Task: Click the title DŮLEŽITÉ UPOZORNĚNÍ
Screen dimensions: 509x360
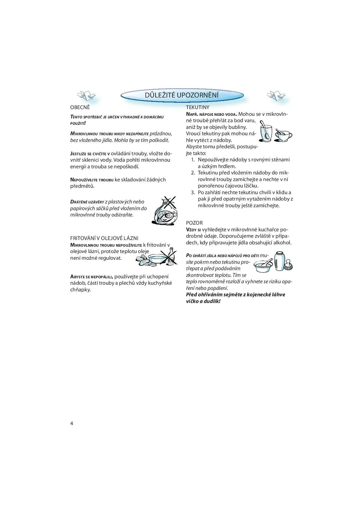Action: (182, 95)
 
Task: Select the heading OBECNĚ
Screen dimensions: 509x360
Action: (80, 107)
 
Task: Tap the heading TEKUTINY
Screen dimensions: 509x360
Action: (198, 107)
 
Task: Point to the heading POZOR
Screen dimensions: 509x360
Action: (194, 223)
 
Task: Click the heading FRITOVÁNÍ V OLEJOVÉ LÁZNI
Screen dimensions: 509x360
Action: (104, 238)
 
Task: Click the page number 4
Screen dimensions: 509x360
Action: (72, 423)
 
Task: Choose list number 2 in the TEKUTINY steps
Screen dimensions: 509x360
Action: (193, 173)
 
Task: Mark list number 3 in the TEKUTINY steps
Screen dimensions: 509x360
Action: (193, 192)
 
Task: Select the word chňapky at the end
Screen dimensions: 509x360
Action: (80, 290)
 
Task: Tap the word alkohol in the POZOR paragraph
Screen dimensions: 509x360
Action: (281, 243)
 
